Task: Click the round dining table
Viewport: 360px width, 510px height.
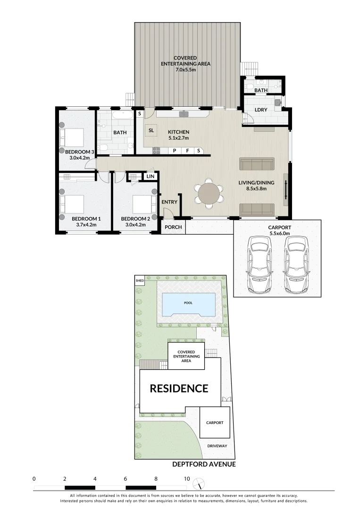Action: click(209, 193)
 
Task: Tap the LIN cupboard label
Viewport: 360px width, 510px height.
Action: click(151, 176)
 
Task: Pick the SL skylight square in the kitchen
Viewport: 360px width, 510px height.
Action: click(151, 130)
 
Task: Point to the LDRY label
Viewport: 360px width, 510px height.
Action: click(260, 110)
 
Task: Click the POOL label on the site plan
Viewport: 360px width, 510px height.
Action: click(189, 303)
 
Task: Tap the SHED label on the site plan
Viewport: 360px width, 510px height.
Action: click(139, 280)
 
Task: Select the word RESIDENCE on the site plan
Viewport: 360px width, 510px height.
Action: click(179, 388)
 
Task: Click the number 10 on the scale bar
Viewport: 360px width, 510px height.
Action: click(187, 479)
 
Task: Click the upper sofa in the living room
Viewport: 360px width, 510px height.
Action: click(257, 164)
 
